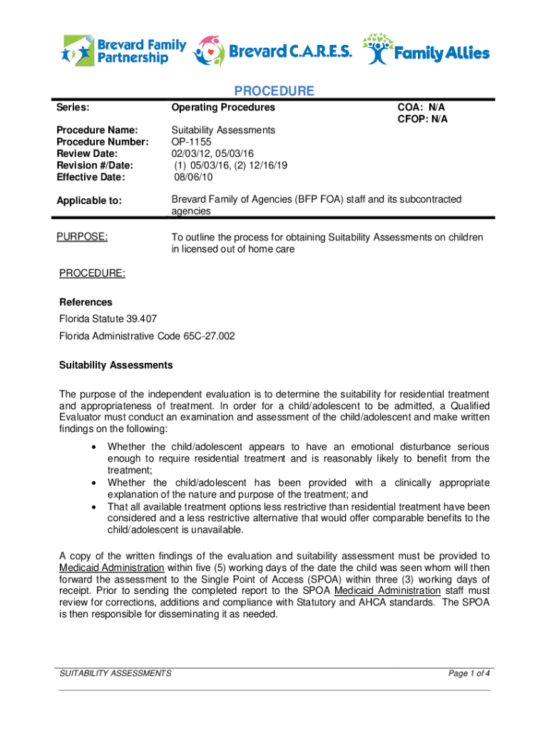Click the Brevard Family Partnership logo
(124, 50)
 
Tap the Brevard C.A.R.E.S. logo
(273, 51)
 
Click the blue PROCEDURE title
(274, 91)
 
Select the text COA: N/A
(426, 108)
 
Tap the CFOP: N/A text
(422, 119)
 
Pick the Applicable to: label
(90, 202)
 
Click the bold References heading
(85, 302)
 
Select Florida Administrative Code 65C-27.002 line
(147, 336)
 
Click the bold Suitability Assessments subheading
(116, 365)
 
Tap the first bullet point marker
(94, 447)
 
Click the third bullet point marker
(94, 507)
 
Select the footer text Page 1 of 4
(468, 673)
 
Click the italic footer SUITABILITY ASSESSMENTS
(115, 673)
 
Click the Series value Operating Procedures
(222, 108)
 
